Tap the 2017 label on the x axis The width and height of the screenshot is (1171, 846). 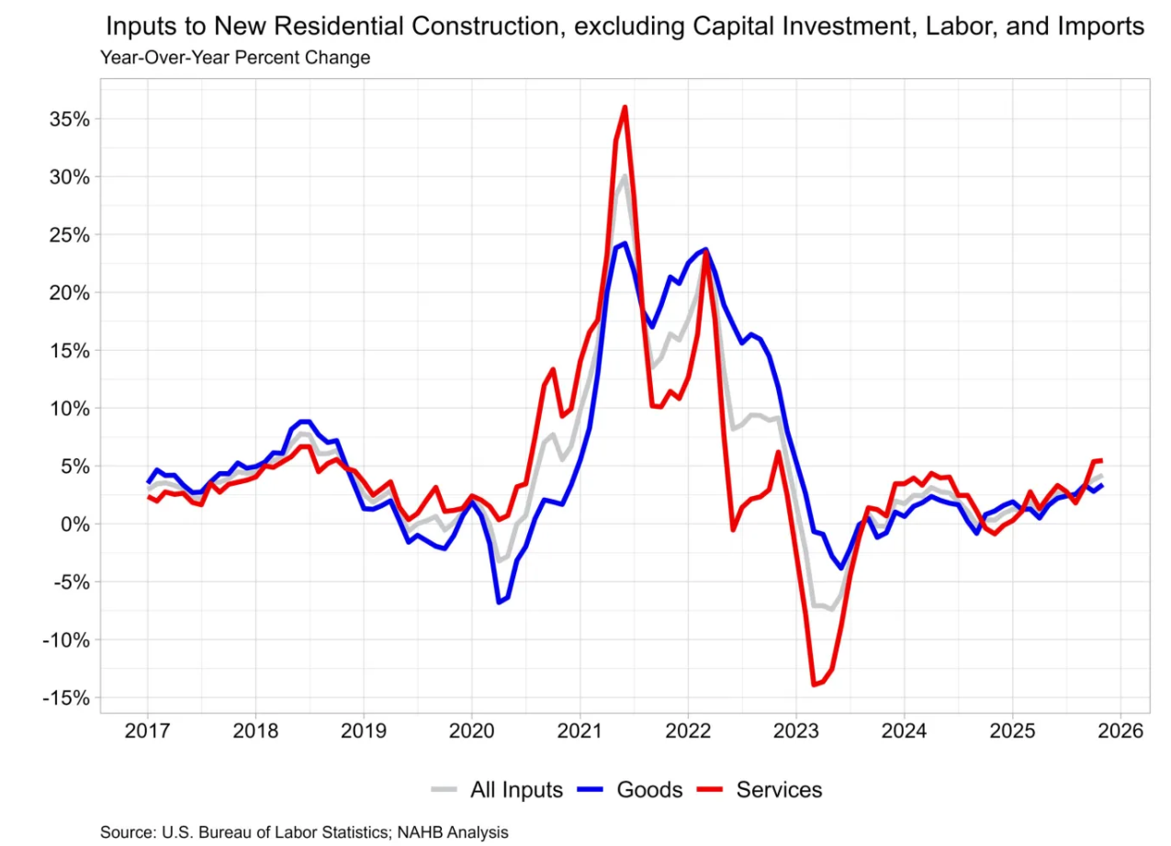(147, 732)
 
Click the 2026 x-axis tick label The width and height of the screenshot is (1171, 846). (1120, 732)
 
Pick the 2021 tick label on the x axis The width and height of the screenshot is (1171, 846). (580, 732)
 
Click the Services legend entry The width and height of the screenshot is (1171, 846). (779, 789)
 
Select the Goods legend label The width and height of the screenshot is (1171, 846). (649, 789)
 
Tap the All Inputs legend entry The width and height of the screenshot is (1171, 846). (516, 789)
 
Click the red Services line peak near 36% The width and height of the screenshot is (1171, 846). (625, 107)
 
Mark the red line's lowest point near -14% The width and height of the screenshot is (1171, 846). (813, 684)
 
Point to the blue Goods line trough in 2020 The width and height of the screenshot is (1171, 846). (499, 603)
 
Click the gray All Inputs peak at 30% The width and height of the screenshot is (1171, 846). (625, 175)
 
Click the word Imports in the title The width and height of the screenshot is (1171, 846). (1100, 27)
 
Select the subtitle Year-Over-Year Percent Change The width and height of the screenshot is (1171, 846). (235, 58)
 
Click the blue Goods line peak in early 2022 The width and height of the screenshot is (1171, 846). (705, 249)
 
